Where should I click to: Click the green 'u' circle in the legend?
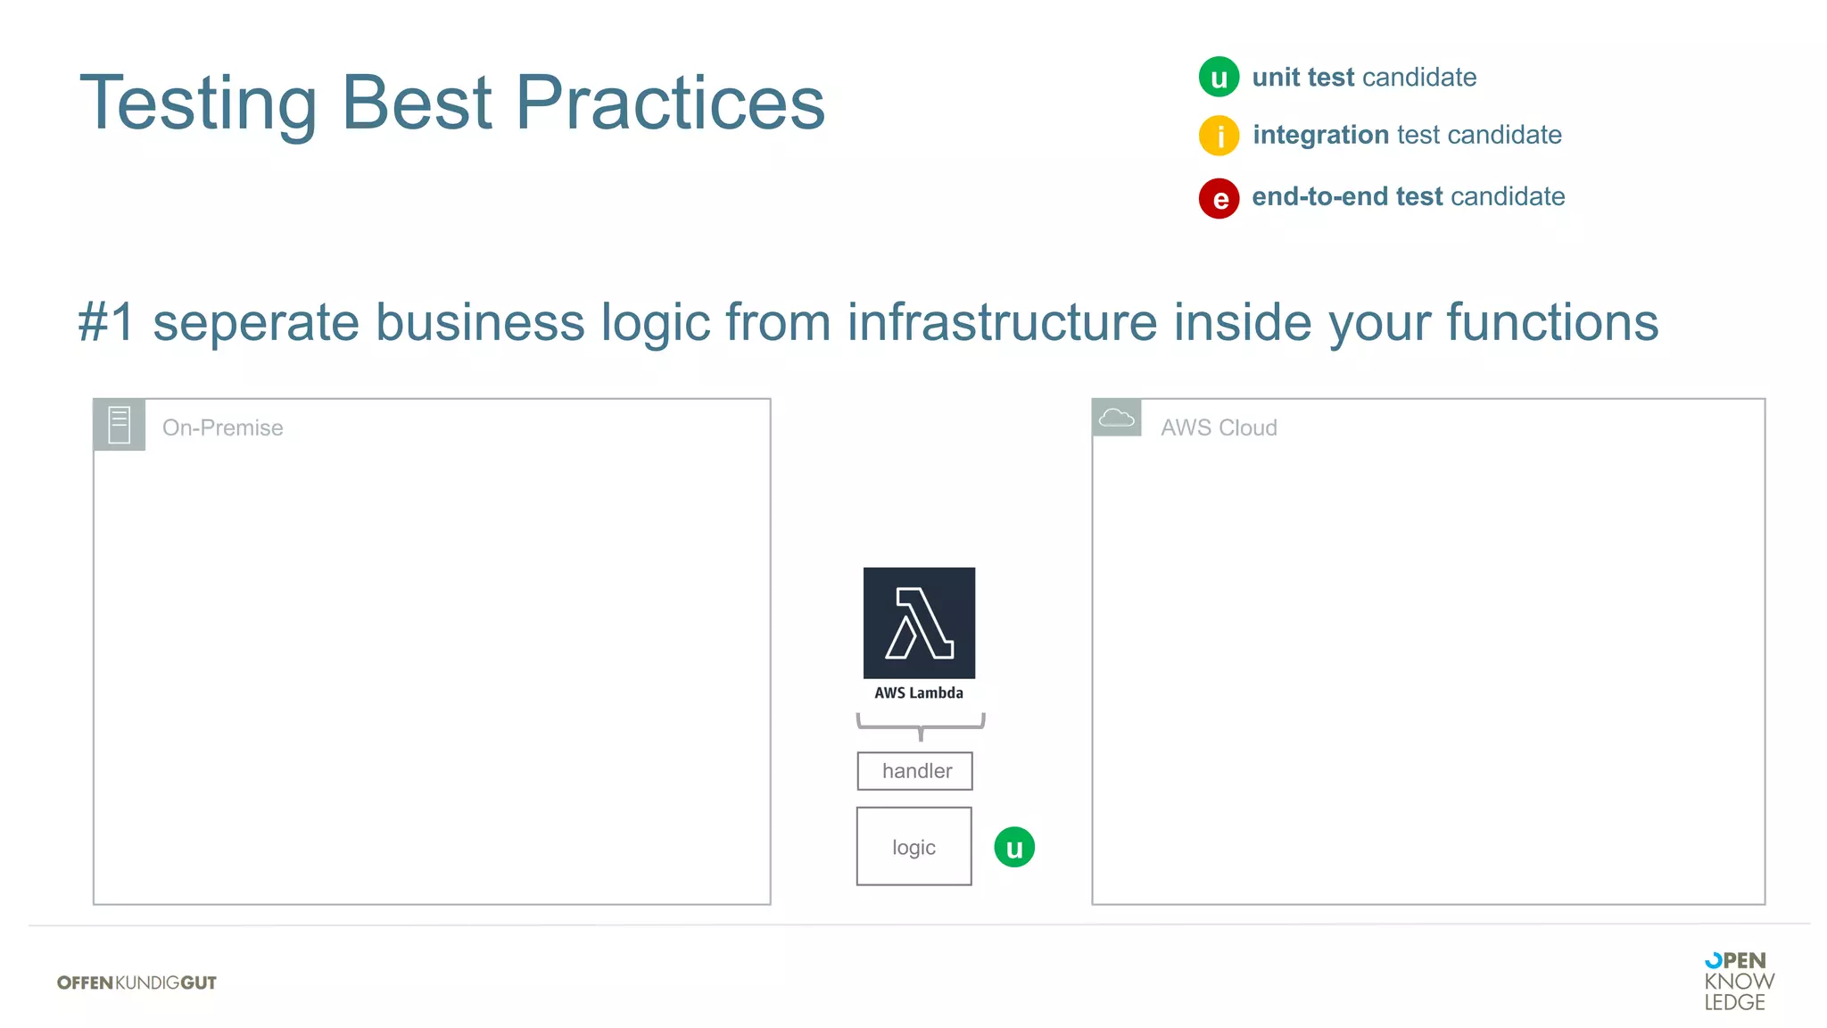[x=1219, y=77]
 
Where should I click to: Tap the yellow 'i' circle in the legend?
[x=1219, y=136]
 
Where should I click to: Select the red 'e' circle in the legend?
[x=1219, y=198]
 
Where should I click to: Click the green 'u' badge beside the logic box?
[x=1014, y=847]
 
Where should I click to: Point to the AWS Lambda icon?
[x=919, y=623]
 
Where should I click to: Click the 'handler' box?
[x=915, y=771]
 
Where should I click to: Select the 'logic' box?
[x=913, y=846]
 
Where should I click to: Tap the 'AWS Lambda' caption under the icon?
[x=919, y=693]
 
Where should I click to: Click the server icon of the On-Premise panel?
[x=120, y=425]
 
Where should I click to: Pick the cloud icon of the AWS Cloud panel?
[x=1116, y=418]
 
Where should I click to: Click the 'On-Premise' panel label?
[x=222, y=428]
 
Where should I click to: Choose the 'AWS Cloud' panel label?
[x=1219, y=428]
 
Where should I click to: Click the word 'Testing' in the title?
[x=198, y=104]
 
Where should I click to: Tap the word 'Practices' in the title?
[x=670, y=104]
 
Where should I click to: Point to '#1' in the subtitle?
[x=106, y=322]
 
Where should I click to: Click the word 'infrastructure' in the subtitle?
[x=1002, y=322]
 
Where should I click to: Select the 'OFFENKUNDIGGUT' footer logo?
[x=136, y=982]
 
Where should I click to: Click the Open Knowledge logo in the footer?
[x=1738, y=981]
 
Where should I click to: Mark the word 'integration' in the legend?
[x=1320, y=135]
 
